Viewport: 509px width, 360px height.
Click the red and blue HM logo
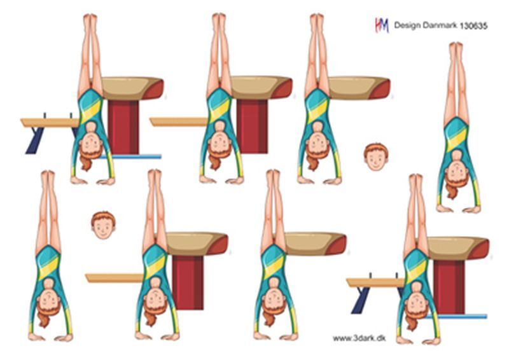point(382,25)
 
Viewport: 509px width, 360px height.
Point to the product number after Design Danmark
point(473,26)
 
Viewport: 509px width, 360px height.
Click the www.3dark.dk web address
point(359,338)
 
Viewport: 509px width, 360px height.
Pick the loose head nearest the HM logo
point(376,157)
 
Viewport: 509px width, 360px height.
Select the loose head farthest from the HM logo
point(103,225)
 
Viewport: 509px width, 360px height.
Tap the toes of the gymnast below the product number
point(456,46)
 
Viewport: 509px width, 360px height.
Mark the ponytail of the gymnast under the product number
point(452,191)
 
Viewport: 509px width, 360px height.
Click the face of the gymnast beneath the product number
point(456,175)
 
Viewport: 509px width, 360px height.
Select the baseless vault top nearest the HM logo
point(359,88)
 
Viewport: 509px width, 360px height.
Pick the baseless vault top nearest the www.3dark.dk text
point(315,244)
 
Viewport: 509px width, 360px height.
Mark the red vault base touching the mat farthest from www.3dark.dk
point(123,127)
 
